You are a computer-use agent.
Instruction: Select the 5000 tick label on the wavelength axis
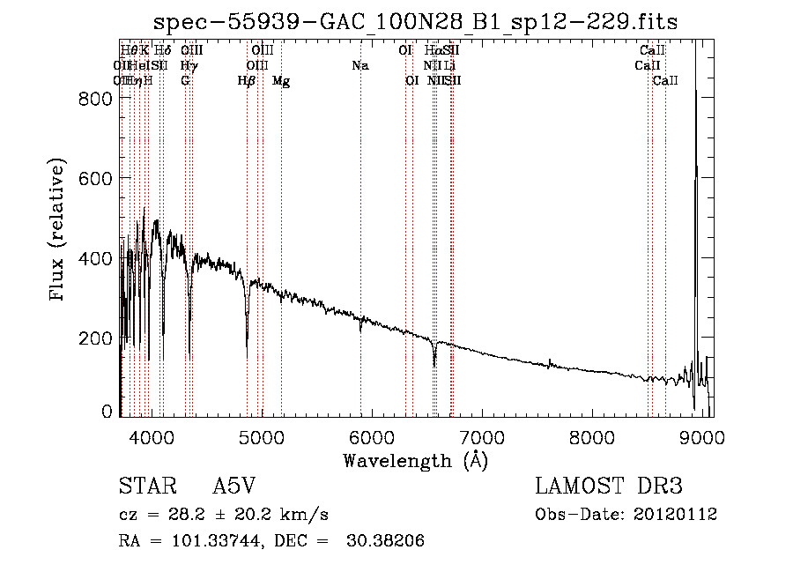pos(261,436)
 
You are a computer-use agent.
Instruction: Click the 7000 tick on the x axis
pos(481,436)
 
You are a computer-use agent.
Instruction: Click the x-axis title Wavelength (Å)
pos(415,460)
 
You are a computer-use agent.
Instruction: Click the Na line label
pos(359,66)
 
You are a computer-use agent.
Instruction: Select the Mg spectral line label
pos(281,81)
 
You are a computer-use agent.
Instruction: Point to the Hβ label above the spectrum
pos(247,81)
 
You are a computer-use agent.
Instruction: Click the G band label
pos(185,81)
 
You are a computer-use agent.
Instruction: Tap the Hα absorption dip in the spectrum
pos(434,363)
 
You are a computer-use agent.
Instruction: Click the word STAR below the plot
pos(144,487)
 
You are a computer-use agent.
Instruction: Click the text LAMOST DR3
pos(609,487)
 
